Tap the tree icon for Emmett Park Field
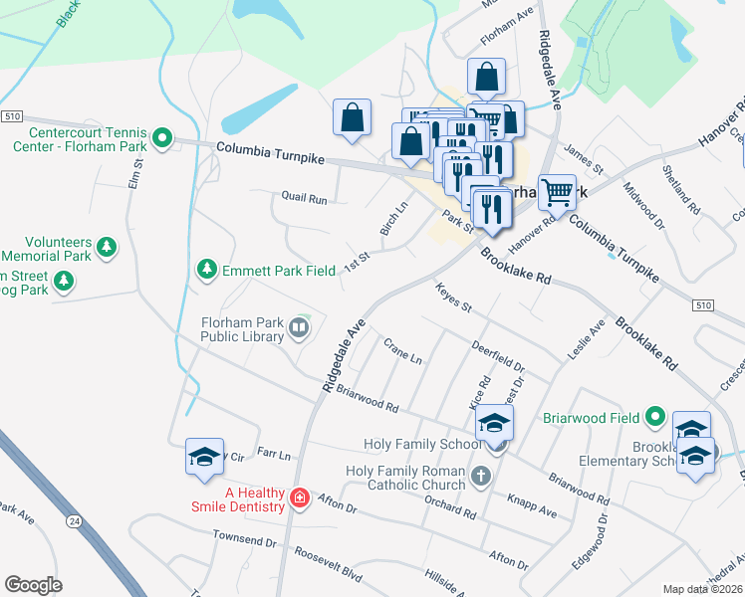pos(206,269)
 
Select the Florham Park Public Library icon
pos(298,327)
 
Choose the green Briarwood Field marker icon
pos(654,415)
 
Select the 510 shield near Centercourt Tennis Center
pos(12,116)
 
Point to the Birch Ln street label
pos(394,219)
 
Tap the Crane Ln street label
pos(403,350)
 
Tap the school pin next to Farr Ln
pos(204,459)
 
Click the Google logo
pos(33,585)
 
